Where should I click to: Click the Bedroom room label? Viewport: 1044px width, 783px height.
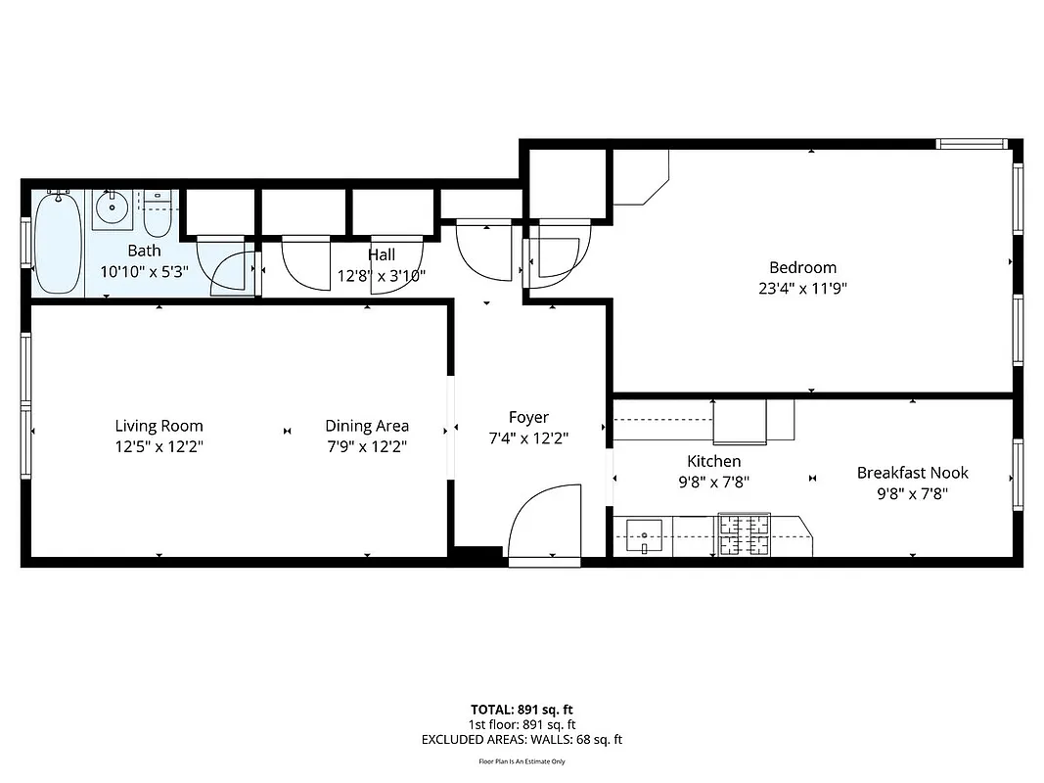click(x=802, y=267)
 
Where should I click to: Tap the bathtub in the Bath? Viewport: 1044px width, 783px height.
click(x=59, y=242)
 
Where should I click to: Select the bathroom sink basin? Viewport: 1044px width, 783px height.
click(x=113, y=207)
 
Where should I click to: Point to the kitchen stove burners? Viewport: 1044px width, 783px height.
click(x=744, y=534)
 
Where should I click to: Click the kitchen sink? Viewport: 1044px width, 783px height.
click(x=644, y=535)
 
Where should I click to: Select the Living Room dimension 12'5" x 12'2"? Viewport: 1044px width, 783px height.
click(x=159, y=446)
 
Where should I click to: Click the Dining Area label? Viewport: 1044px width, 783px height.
click(x=367, y=426)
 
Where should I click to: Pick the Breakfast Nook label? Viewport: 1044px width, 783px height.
click(x=912, y=473)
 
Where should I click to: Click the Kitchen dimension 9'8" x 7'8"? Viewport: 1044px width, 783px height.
click(x=713, y=482)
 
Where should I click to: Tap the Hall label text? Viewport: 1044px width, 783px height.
click(x=382, y=255)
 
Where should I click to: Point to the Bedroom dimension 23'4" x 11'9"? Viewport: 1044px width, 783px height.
click(x=802, y=289)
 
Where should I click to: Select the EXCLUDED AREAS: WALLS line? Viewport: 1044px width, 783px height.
click(x=522, y=740)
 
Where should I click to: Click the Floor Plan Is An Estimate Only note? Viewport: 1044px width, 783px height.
click(x=522, y=761)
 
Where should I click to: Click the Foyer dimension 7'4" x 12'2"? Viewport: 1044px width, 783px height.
click(x=528, y=438)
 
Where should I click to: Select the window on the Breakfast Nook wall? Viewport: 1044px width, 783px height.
click(x=1018, y=475)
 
